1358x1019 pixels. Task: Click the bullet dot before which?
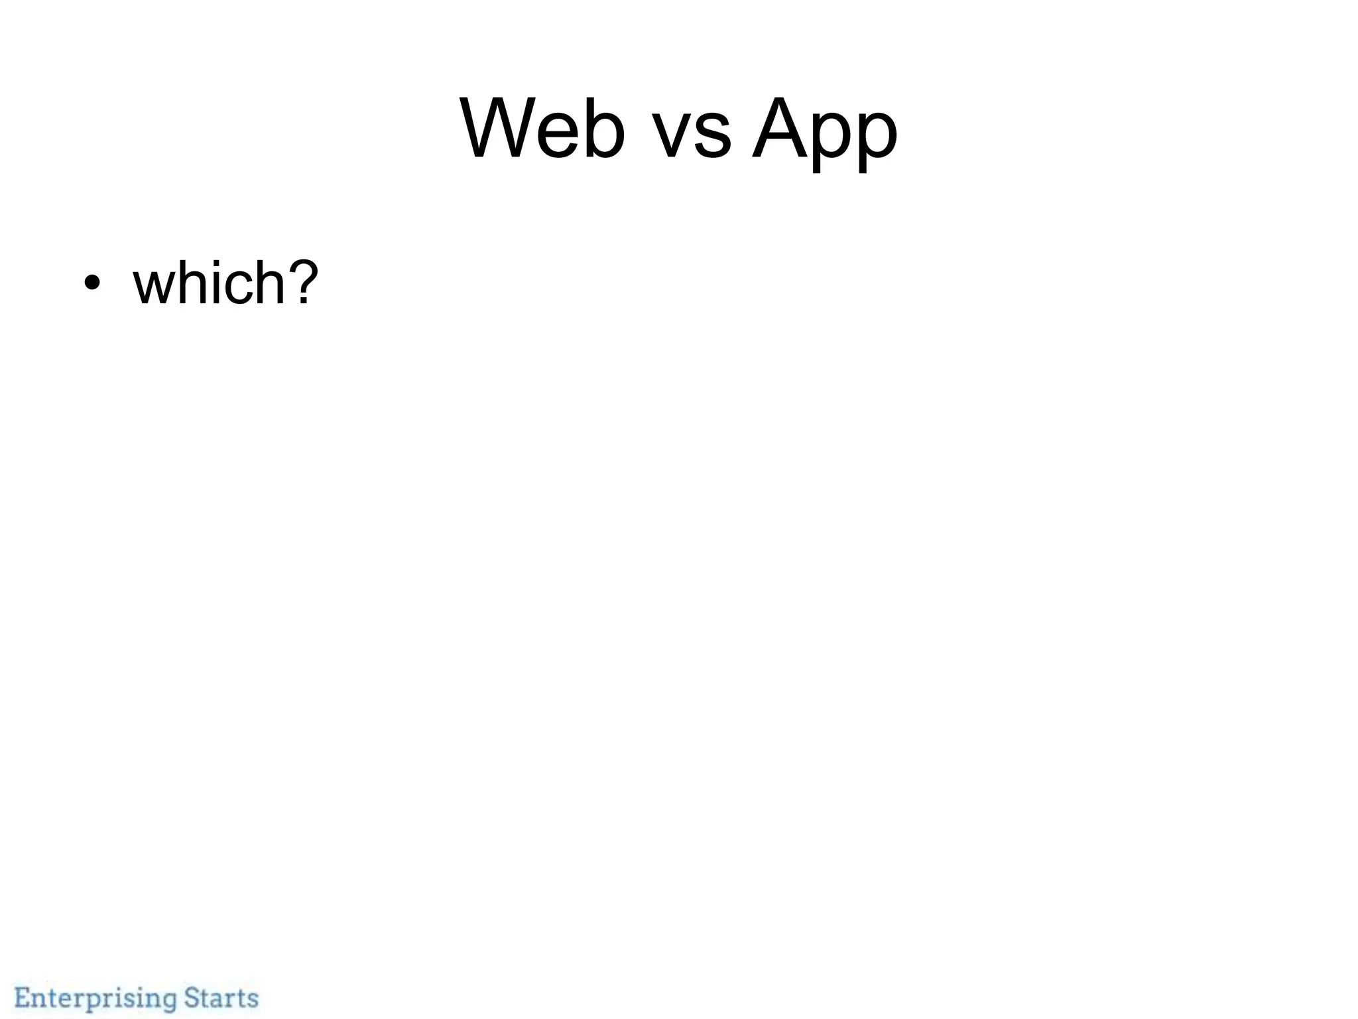92,283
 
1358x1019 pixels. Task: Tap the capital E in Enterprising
24,997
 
